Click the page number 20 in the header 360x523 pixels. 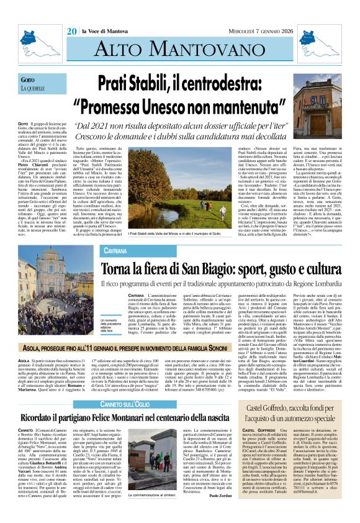tap(72, 13)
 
